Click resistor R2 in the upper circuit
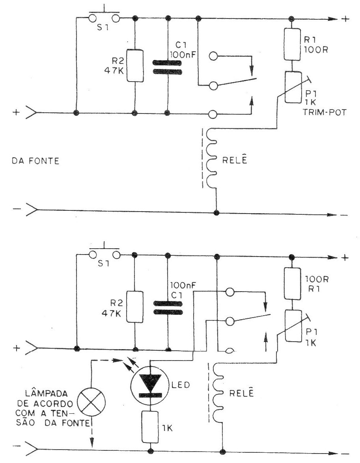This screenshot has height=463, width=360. click(135, 65)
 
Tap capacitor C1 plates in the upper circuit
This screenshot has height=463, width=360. click(168, 67)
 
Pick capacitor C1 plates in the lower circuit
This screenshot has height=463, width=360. click(168, 308)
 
